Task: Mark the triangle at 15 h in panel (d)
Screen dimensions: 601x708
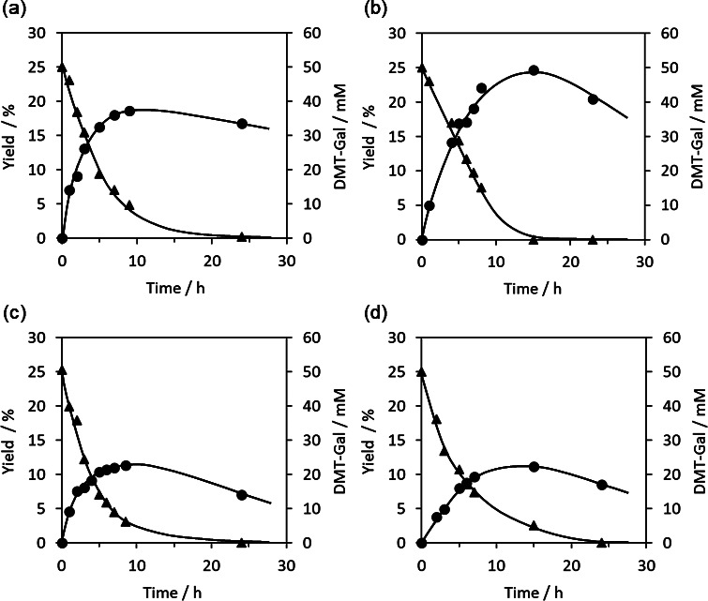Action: pos(534,526)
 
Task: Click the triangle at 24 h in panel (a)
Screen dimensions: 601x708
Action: pos(242,237)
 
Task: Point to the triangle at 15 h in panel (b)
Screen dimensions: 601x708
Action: pos(534,239)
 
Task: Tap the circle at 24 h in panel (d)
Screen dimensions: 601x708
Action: pos(601,485)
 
